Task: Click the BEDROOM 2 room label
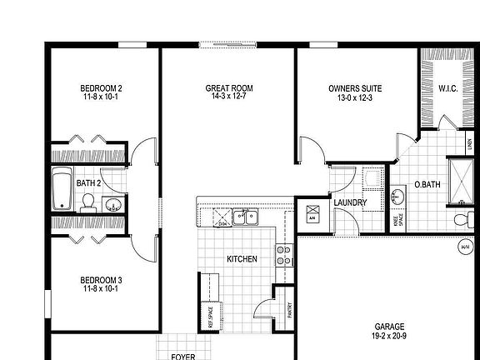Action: coord(101,88)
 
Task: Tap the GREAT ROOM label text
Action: coord(229,88)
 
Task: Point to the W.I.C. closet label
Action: coord(446,88)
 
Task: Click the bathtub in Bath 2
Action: coord(62,189)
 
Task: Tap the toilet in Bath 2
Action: coord(87,202)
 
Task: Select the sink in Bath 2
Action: coord(112,203)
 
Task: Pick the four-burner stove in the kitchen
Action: coord(282,254)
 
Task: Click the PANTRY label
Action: coord(290,311)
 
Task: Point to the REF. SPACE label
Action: coord(200,317)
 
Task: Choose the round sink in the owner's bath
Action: coord(398,197)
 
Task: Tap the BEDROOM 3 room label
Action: coord(101,283)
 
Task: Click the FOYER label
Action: coord(182,356)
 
